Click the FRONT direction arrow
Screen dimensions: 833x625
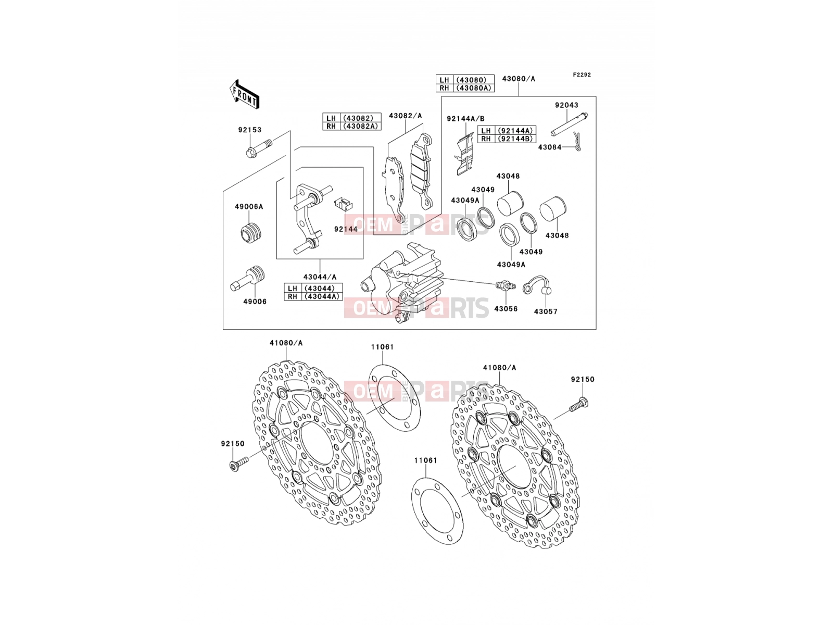(x=244, y=95)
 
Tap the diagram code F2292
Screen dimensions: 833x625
(x=582, y=75)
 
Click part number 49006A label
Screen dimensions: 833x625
(x=249, y=207)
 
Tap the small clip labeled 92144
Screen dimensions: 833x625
(x=344, y=205)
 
